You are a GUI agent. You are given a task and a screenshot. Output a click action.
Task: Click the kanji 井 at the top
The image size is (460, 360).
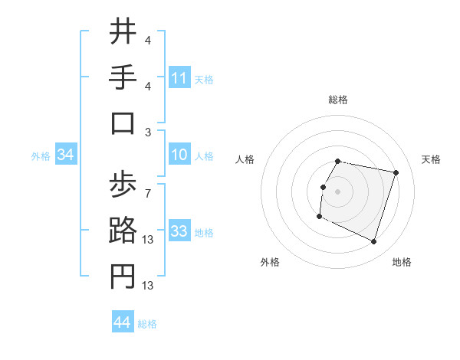click(x=123, y=32)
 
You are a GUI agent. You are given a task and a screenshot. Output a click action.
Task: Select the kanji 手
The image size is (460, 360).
click(x=123, y=78)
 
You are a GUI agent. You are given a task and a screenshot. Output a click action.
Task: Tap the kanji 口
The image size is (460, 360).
click(x=123, y=123)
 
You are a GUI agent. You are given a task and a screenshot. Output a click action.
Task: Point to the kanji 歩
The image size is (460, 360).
click(x=123, y=185)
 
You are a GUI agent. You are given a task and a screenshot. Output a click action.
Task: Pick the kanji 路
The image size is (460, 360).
click(x=123, y=231)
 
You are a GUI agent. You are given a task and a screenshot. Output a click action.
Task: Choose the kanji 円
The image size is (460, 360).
click(x=123, y=277)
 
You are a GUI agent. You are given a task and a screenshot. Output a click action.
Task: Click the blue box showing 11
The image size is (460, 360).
click(x=179, y=78)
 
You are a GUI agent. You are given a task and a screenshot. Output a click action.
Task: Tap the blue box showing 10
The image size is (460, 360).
click(x=179, y=155)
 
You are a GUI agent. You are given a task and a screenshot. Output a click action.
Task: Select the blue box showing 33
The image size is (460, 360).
click(x=179, y=231)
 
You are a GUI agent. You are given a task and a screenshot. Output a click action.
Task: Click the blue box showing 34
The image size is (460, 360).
click(x=66, y=155)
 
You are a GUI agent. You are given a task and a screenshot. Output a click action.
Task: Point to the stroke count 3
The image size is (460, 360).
click(x=148, y=131)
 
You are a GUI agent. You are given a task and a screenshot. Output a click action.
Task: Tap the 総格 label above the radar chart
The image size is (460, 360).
click(x=337, y=100)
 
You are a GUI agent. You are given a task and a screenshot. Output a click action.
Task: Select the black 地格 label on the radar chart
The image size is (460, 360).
click(x=402, y=262)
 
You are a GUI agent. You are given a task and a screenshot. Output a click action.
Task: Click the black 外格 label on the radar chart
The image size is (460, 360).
click(x=270, y=262)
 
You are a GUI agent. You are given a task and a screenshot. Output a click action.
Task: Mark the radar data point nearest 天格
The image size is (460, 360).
click(x=396, y=172)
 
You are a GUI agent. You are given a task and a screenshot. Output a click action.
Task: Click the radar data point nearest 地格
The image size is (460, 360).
click(x=373, y=242)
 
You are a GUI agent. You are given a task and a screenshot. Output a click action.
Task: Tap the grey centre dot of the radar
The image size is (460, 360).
click(x=337, y=191)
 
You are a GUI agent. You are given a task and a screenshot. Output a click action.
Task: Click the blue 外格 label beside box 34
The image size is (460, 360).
click(x=41, y=156)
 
